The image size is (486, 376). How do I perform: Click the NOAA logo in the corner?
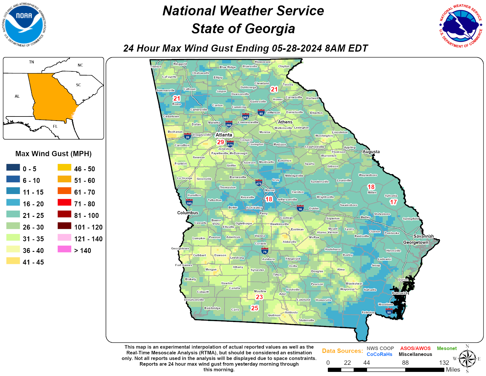[x=24, y=25]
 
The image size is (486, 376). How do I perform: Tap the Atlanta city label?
[x=224, y=135]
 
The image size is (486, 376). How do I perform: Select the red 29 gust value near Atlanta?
[x=221, y=142]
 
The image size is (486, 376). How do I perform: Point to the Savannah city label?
[x=424, y=236]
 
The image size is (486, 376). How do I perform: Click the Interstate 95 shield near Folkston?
[x=389, y=311]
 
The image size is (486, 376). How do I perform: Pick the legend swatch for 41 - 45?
[x=13, y=261]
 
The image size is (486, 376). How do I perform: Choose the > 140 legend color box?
[x=65, y=249]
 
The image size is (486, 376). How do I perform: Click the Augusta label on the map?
[x=371, y=152]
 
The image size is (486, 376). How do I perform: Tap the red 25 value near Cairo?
[x=254, y=308]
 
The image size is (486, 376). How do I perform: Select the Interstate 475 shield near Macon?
[x=259, y=183]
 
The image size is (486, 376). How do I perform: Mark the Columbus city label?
[x=188, y=213]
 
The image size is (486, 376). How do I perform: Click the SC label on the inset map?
[x=78, y=85]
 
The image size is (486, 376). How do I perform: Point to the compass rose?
[x=467, y=359]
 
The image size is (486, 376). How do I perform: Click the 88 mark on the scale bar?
[x=405, y=363]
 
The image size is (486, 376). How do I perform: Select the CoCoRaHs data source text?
[x=379, y=354]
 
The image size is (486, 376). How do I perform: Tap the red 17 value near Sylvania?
[x=393, y=202]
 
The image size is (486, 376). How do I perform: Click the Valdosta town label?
[x=291, y=312]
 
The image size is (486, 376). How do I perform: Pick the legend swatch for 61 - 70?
[x=65, y=191]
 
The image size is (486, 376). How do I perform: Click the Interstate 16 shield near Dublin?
[x=300, y=208]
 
